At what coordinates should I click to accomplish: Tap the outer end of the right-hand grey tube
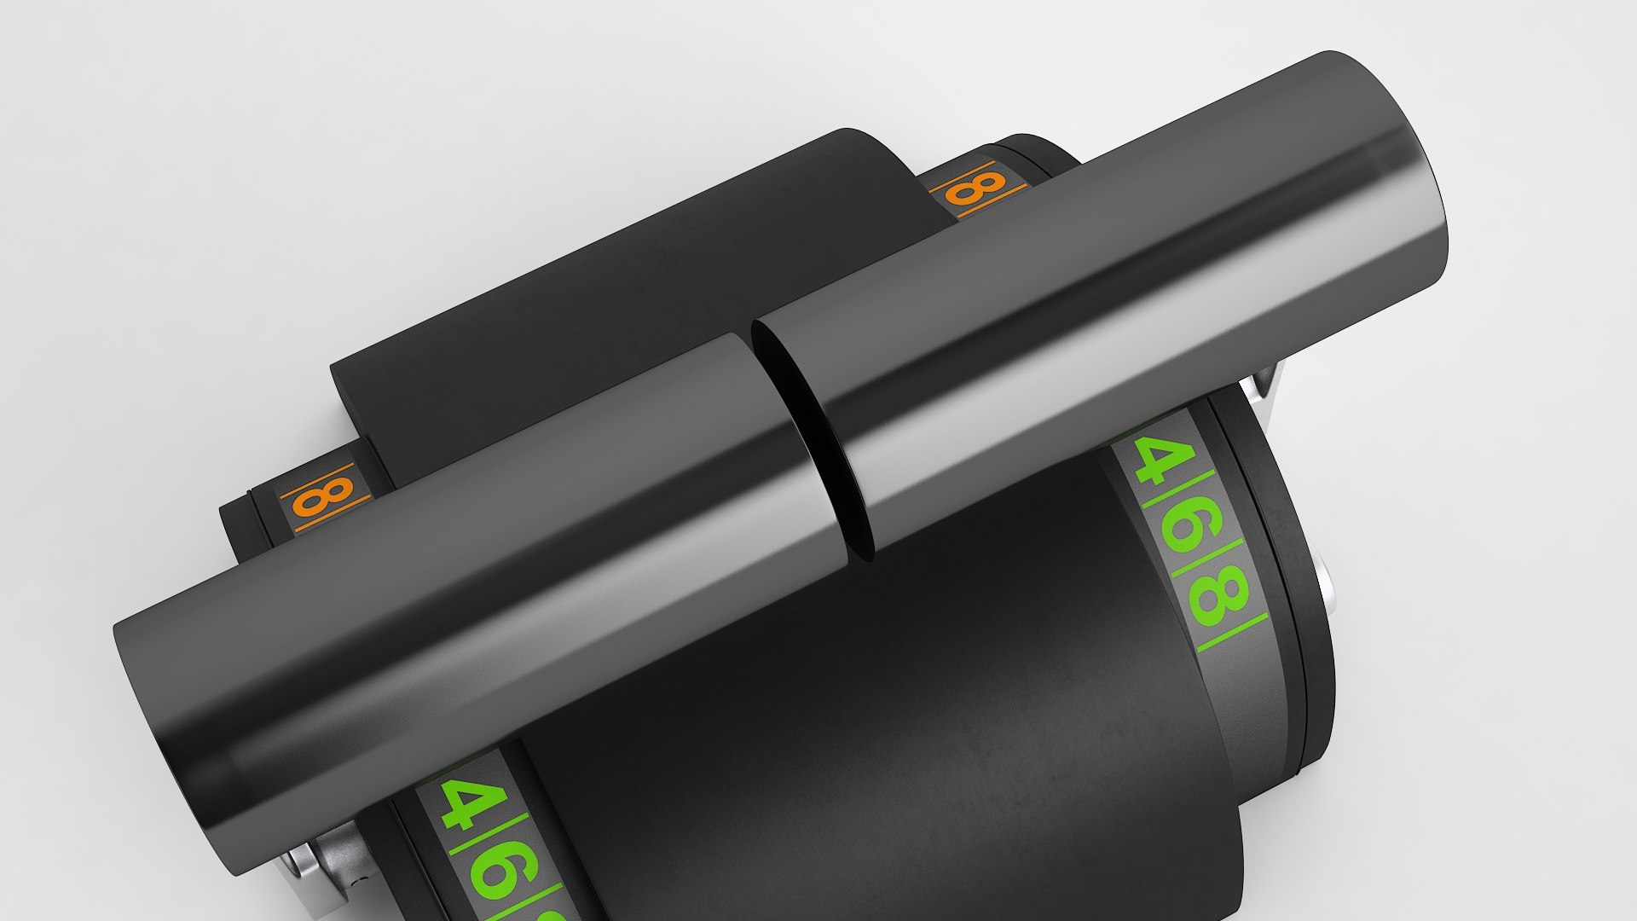tap(1398, 171)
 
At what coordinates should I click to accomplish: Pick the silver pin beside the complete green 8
tap(1326, 588)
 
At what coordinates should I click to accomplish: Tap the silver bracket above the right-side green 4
tap(1265, 379)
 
